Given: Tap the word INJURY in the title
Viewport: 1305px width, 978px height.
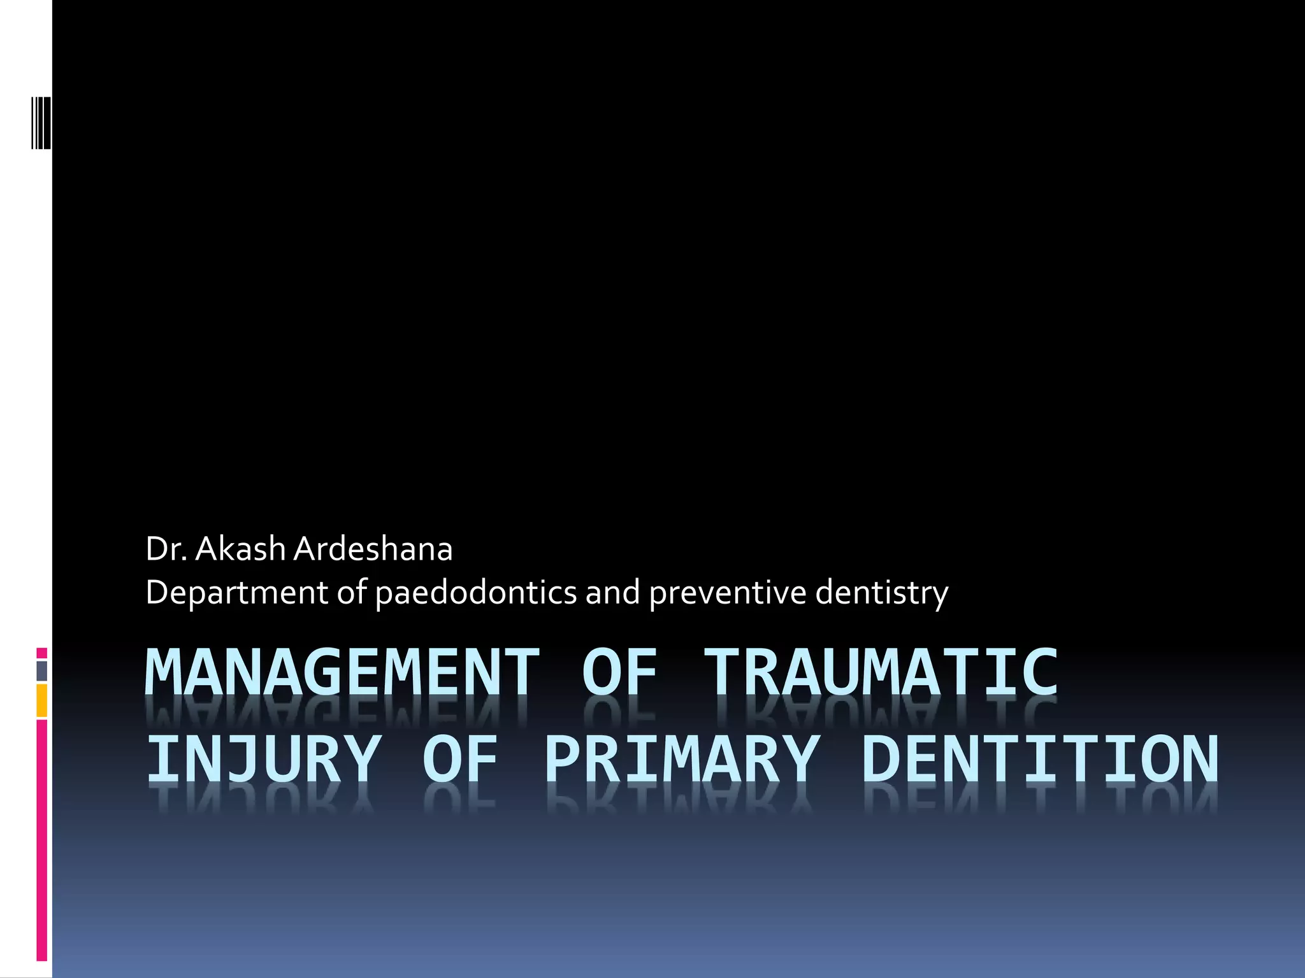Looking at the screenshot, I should click(264, 759).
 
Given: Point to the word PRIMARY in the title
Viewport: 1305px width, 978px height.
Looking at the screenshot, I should click(682, 759).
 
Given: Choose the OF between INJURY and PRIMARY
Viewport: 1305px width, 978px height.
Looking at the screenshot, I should click(459, 759).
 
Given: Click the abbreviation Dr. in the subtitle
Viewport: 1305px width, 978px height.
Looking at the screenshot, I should click(166, 549).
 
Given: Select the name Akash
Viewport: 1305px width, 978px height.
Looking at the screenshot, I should click(240, 549).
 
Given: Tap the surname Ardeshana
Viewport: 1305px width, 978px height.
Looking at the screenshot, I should click(373, 549).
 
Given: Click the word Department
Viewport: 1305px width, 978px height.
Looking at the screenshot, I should click(236, 593).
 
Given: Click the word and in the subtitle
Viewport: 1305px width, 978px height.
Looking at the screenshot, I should click(612, 593).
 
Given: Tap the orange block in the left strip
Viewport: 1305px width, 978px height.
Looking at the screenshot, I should click(41, 700).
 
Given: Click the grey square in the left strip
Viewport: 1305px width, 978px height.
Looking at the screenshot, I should click(41, 671).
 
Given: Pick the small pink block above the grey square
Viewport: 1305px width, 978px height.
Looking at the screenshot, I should click(41, 653).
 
